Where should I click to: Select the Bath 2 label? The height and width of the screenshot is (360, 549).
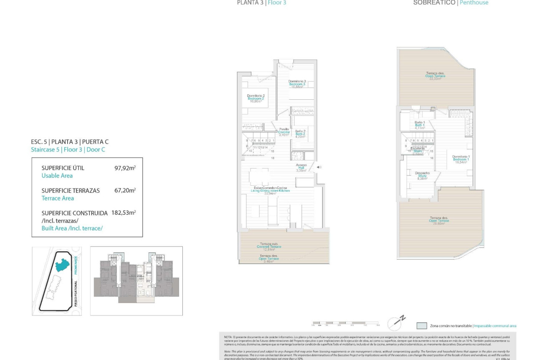[x=300, y=133]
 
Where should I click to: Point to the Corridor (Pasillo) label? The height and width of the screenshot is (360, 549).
[x=284, y=132]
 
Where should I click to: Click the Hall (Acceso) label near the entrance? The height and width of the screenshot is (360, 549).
[x=301, y=167]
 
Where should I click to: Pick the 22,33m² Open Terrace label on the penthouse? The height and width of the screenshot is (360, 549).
[x=435, y=76]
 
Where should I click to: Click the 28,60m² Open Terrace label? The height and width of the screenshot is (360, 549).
[x=439, y=221]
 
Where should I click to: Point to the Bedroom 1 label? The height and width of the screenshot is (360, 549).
[x=461, y=159]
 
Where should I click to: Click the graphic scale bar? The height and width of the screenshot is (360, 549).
[x=346, y=323]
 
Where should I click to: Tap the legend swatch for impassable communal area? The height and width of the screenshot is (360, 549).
[x=422, y=326]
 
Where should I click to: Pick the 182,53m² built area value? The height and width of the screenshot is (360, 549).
[x=124, y=213]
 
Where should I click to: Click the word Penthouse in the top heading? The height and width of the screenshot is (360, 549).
[x=474, y=3]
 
